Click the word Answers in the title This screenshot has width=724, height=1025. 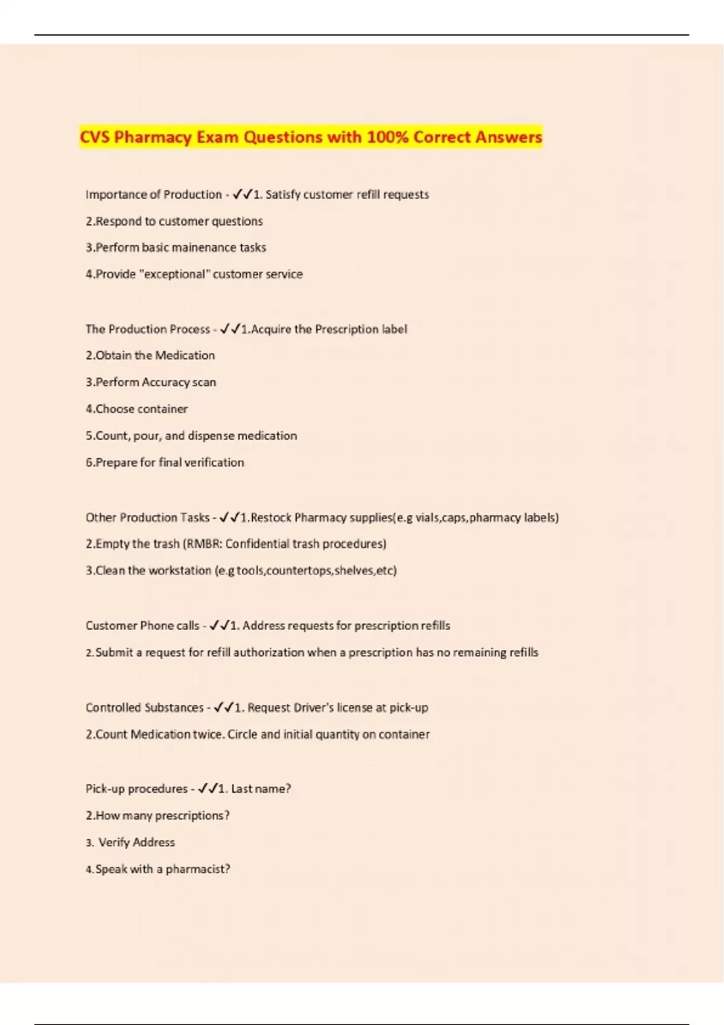(x=508, y=137)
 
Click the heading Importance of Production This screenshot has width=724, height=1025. (x=154, y=195)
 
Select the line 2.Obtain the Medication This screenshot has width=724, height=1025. (x=150, y=356)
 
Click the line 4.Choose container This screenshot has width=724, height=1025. (x=136, y=409)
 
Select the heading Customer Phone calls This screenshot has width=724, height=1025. (x=142, y=626)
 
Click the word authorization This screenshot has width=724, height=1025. (x=268, y=652)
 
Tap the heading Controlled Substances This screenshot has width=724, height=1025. (x=145, y=708)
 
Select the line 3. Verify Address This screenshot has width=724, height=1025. (x=130, y=842)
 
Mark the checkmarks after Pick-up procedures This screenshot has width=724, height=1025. (x=208, y=789)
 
